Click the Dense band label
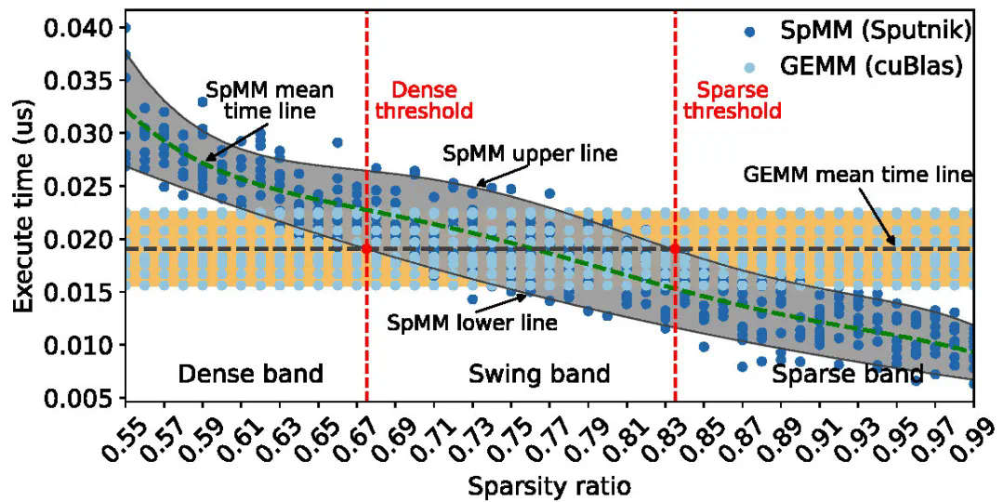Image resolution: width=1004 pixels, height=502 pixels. pos(250,374)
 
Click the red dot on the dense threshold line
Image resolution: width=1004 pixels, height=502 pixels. pos(366,249)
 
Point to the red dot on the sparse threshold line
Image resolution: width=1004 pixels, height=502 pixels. pos(675,249)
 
